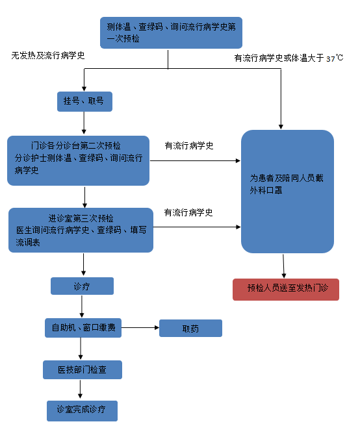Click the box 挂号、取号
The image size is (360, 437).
click(84, 101)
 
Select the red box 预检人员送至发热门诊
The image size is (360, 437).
click(286, 290)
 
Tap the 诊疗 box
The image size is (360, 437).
click(82, 286)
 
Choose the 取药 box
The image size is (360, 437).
click(191, 329)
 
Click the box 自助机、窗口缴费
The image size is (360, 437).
click(83, 328)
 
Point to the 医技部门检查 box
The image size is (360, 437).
click(83, 369)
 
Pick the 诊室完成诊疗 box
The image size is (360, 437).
click(82, 411)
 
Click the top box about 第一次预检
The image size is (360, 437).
click(171, 32)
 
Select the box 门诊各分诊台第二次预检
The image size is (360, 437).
click(78, 160)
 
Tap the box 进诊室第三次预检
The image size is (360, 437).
click(81, 231)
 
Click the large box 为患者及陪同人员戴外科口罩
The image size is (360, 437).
click(287, 192)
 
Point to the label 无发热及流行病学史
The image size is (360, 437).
click(48, 55)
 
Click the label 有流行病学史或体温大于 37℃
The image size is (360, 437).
click(289, 58)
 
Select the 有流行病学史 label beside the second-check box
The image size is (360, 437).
click(189, 145)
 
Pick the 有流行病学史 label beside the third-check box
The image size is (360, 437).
click(188, 212)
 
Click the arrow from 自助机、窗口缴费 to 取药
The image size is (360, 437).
click(140, 327)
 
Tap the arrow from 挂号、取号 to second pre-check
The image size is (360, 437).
click(84, 123)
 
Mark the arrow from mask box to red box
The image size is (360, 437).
click(283, 266)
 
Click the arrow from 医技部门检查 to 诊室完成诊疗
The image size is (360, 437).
click(81, 389)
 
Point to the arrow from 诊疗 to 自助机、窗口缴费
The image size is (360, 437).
click(82, 306)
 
